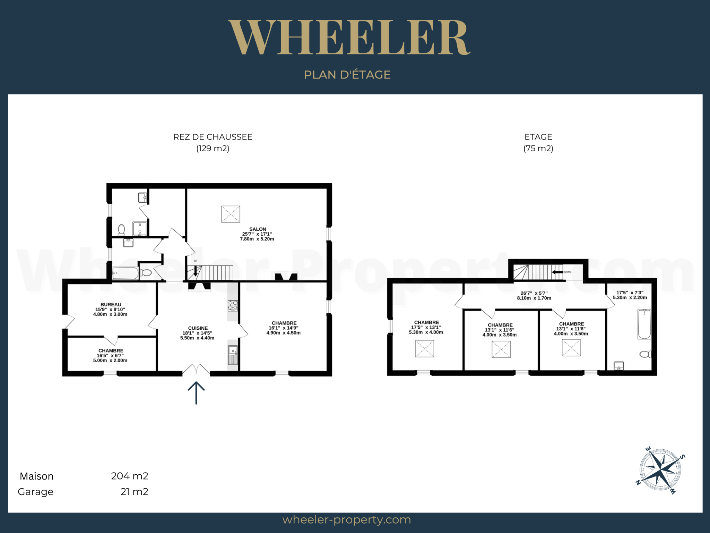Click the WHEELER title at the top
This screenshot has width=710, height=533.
(349, 37)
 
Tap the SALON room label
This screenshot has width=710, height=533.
(258, 229)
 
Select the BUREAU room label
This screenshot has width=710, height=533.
(111, 304)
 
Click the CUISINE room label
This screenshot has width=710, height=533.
(198, 328)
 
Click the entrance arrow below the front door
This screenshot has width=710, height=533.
(196, 393)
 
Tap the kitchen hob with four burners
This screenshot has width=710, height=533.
(233, 305)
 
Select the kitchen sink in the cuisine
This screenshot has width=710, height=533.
(233, 355)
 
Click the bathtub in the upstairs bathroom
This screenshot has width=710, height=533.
(644, 324)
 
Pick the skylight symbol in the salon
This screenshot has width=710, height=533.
(231, 214)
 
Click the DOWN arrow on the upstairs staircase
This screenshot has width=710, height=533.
(557, 272)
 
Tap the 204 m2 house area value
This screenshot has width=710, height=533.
(130, 476)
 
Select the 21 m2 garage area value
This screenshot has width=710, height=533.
(135, 491)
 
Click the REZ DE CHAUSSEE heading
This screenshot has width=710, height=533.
(213, 137)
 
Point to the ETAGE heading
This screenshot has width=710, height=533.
(538, 137)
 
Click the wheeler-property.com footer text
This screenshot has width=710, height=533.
(347, 519)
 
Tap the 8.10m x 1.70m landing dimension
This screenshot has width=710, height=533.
(534, 298)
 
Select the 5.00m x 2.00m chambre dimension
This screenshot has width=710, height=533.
(110, 361)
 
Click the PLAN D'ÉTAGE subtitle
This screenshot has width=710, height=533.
(347, 75)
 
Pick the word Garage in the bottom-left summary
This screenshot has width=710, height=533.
(36, 492)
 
